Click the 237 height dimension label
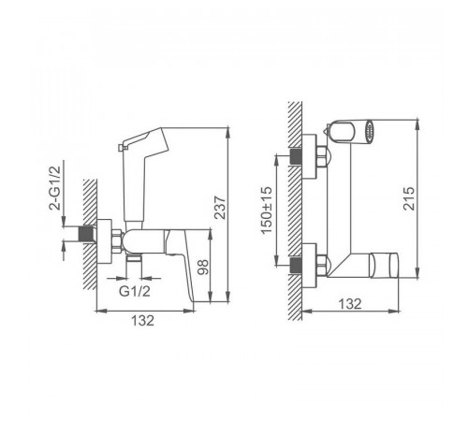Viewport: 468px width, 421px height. click(220, 208)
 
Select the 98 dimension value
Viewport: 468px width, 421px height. click(203, 267)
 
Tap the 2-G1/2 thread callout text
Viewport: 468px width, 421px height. click(54, 188)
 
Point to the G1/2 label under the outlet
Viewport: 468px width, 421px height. click(135, 291)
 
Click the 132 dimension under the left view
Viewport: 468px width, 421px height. click(142, 320)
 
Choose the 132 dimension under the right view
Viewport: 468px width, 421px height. click(350, 303)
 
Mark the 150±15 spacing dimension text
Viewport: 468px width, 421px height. click(267, 210)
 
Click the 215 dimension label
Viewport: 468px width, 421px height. click(409, 198)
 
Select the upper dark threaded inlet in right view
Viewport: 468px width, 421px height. click(296, 156)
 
